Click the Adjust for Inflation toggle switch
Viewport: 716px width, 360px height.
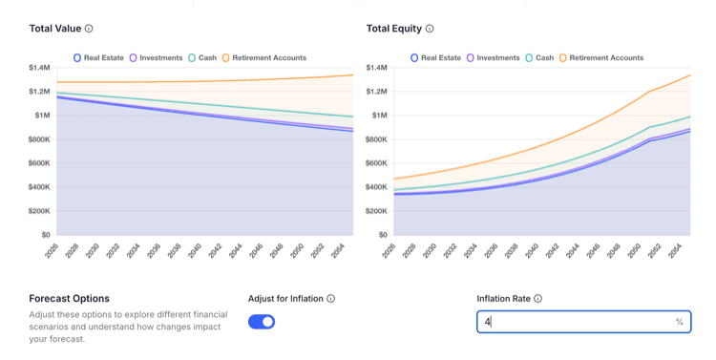click(x=262, y=322)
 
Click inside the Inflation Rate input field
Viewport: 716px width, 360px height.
click(x=583, y=322)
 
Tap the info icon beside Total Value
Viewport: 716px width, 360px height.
click(x=89, y=29)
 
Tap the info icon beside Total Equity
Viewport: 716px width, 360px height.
click(x=430, y=29)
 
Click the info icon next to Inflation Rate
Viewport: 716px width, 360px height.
click(x=537, y=298)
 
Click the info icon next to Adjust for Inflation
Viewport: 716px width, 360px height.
click(x=330, y=298)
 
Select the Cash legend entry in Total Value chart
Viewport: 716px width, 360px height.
click(x=202, y=58)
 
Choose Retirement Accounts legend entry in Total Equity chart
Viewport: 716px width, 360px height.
click(x=601, y=58)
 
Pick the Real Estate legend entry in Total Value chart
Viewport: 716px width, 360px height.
click(x=98, y=58)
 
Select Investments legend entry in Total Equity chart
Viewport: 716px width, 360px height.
click(x=494, y=58)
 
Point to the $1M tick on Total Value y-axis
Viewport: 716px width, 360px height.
click(x=42, y=116)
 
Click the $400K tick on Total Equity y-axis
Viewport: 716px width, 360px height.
click(x=376, y=187)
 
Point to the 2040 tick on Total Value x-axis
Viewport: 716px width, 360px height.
click(x=195, y=251)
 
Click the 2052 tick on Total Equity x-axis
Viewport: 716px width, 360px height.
click(x=654, y=251)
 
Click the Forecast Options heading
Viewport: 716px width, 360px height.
click(x=70, y=298)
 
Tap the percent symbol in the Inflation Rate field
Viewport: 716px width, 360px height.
click(x=680, y=322)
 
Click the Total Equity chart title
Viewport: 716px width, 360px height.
click(x=394, y=29)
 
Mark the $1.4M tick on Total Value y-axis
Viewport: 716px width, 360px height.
click(x=39, y=68)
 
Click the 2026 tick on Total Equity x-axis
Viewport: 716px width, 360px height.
click(x=390, y=251)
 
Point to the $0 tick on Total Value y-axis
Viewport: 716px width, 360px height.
click(x=46, y=235)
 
